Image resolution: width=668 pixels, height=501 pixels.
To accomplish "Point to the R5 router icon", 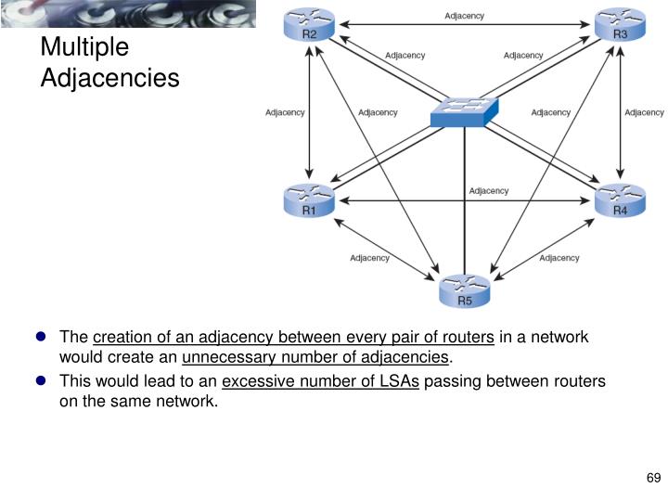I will [x=464, y=291].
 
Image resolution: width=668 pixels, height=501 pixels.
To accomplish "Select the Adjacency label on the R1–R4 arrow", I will [x=488, y=191].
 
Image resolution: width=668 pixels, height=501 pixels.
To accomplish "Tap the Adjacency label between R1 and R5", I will [x=369, y=258].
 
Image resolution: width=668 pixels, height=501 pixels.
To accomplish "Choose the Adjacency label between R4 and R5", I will [x=559, y=258].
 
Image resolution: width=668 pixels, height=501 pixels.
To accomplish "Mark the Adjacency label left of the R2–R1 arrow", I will [x=285, y=113].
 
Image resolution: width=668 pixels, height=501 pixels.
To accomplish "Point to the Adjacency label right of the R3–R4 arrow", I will [x=644, y=113].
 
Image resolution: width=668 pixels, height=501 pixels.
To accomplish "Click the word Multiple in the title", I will [x=84, y=47].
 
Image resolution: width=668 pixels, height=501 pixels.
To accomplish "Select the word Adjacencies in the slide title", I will [x=109, y=78].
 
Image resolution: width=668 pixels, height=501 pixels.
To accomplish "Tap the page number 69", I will [x=652, y=479].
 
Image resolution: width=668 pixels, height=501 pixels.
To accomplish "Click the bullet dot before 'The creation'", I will [x=42, y=337].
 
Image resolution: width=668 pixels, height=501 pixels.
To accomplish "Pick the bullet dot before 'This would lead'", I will [x=42, y=380].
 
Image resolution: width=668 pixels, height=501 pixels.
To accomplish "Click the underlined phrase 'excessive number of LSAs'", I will [x=321, y=381].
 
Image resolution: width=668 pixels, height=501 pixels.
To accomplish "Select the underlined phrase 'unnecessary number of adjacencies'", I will [x=315, y=357].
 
